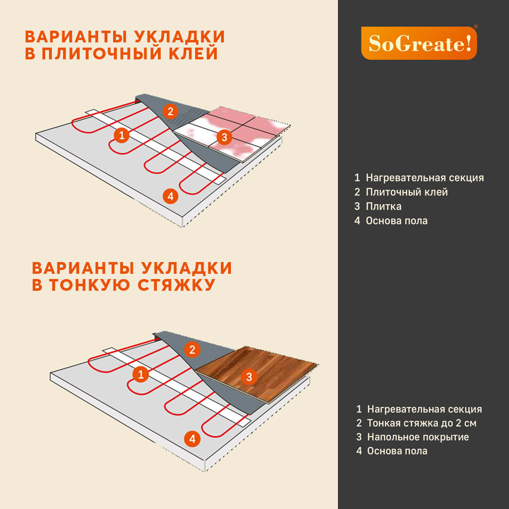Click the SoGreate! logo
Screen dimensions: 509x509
tap(419, 43)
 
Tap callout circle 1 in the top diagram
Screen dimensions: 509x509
tap(122, 136)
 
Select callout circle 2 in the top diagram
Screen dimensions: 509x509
tap(171, 112)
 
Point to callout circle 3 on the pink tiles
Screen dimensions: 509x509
tap(224, 138)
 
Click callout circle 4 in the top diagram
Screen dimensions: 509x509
tap(171, 196)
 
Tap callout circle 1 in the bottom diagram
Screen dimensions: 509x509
tap(140, 375)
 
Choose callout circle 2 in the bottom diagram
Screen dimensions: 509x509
tap(192, 350)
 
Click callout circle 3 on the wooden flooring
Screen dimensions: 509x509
tap(249, 376)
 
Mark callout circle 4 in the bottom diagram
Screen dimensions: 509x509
tap(192, 439)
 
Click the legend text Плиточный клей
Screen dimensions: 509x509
tap(407, 192)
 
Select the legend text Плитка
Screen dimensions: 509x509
tap(384, 206)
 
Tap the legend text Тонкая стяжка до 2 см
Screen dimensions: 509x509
tap(422, 423)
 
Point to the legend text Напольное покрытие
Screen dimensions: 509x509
tap(418, 437)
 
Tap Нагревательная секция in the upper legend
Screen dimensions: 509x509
tap(425, 178)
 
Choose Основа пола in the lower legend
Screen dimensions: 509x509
tap(397, 451)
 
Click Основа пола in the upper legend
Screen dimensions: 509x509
tap(397, 221)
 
